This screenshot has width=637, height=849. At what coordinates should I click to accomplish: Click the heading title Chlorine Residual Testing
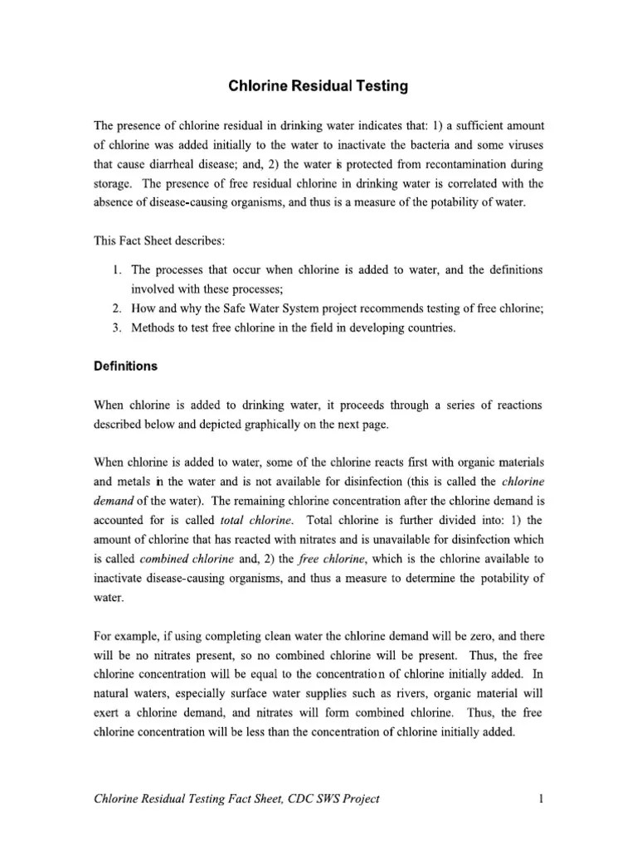click(x=318, y=85)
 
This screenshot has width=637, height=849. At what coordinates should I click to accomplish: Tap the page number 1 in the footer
click(x=540, y=799)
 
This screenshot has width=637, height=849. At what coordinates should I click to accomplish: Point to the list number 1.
click(x=116, y=270)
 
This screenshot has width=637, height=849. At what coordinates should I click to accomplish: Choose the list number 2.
click(x=116, y=308)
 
